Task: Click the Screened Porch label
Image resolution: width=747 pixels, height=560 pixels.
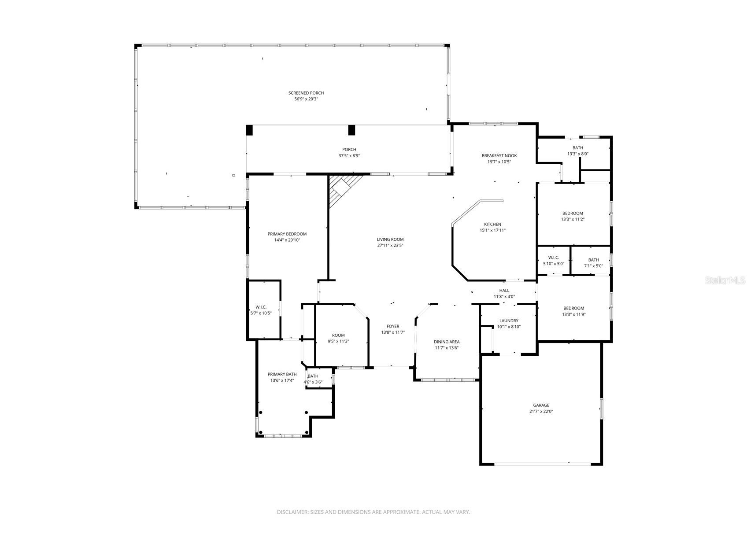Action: pyautogui.click(x=306, y=93)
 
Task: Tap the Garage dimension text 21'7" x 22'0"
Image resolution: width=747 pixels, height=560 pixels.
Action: pyautogui.click(x=541, y=412)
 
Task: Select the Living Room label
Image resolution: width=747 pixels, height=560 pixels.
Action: pyautogui.click(x=390, y=239)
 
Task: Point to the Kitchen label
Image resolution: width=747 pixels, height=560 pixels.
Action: pyautogui.click(x=492, y=225)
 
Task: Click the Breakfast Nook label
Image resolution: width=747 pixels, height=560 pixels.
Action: pyautogui.click(x=499, y=155)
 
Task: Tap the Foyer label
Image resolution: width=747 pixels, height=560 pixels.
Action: pyautogui.click(x=392, y=326)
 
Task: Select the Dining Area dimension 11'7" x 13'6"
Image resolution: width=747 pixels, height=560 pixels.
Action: pyautogui.click(x=447, y=348)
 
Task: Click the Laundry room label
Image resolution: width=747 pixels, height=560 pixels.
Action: pyautogui.click(x=509, y=321)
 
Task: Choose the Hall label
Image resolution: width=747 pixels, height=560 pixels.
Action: pyautogui.click(x=504, y=290)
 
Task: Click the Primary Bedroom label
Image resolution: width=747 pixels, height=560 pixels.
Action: pyautogui.click(x=287, y=234)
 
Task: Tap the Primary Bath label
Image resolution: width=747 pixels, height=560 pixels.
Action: pyautogui.click(x=282, y=374)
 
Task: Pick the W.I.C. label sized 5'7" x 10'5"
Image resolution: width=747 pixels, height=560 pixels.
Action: pyautogui.click(x=261, y=307)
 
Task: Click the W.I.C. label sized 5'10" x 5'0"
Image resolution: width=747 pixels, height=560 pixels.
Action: pyautogui.click(x=553, y=258)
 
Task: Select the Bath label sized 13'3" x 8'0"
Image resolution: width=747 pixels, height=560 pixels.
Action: pyautogui.click(x=577, y=148)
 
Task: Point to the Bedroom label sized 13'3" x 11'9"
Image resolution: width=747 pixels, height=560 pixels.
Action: pyautogui.click(x=573, y=308)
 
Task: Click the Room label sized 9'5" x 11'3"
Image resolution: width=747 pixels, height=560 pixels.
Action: pyautogui.click(x=338, y=335)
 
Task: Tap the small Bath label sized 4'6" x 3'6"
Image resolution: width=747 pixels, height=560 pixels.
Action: pyautogui.click(x=313, y=376)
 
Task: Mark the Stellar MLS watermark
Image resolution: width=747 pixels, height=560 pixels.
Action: pyautogui.click(x=725, y=280)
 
